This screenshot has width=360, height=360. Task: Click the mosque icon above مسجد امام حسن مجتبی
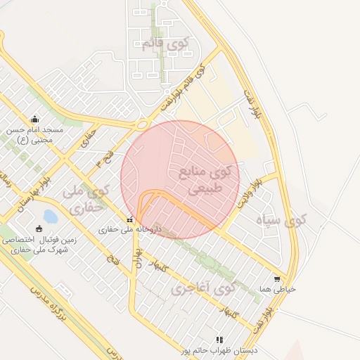35,119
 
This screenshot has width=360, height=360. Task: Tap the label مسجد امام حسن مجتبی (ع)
35,134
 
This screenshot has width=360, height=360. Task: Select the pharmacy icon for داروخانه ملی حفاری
129,219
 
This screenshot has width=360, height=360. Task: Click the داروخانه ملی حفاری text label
130,229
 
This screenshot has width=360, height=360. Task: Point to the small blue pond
50,216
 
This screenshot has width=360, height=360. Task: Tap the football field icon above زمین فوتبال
38,229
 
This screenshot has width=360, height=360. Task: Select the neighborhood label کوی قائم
166,44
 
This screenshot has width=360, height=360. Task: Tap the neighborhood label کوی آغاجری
203,288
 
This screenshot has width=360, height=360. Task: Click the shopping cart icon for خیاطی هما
283,279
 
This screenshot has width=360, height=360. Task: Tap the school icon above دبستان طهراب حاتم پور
219,340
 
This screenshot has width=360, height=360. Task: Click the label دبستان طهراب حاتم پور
219,349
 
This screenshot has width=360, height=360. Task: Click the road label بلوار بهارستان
27,189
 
